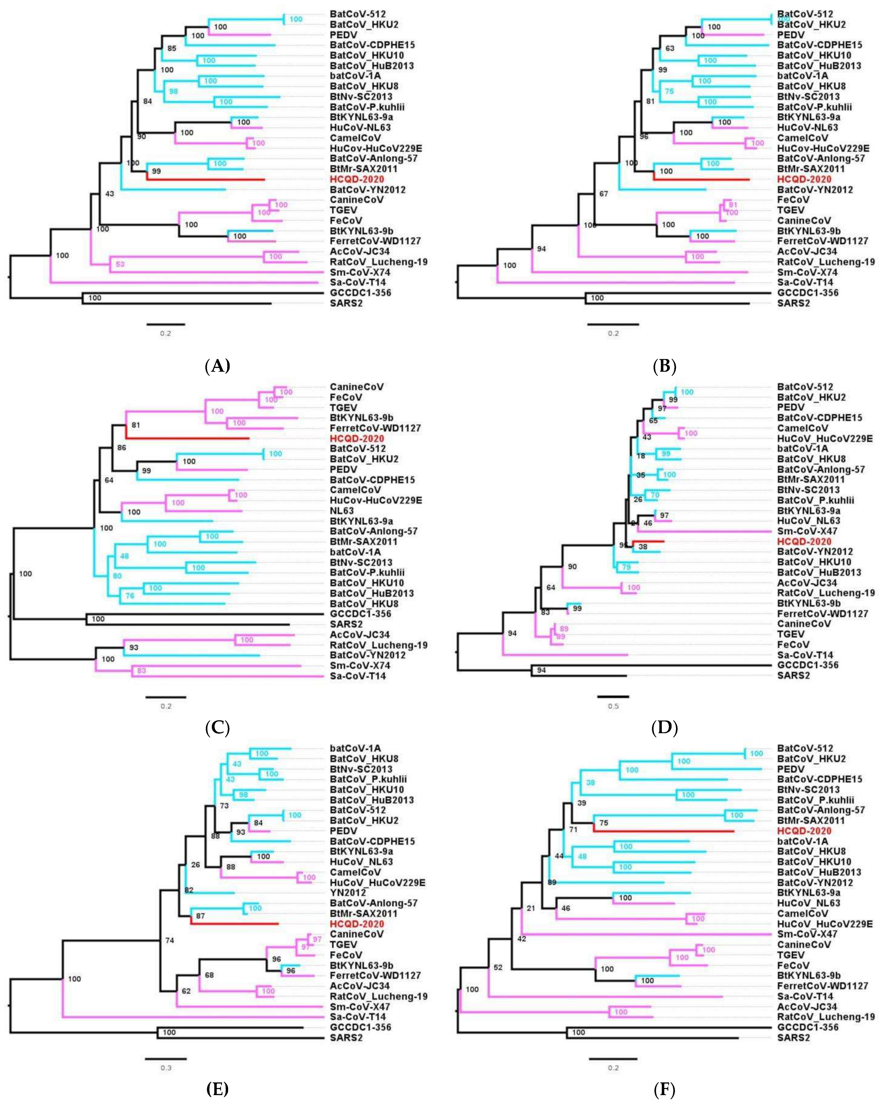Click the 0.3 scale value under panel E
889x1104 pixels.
pos(166,1068)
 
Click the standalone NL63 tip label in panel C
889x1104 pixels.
pos(342,511)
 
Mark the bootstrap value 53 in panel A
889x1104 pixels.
pos(120,264)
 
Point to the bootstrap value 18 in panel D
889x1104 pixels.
pos(640,456)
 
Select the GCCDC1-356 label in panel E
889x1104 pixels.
pos(360,1027)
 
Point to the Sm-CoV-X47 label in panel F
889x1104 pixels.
pos(807,934)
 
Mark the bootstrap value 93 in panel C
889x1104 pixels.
pos(133,647)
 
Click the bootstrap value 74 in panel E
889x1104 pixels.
pos(169,940)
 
